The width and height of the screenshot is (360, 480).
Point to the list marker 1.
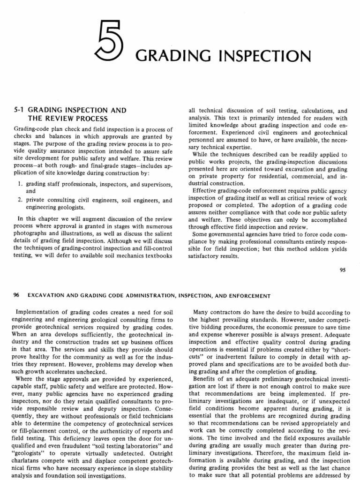[19, 184]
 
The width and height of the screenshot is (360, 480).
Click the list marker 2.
[19, 200]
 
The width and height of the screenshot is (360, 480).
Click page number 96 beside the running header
[18, 295]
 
